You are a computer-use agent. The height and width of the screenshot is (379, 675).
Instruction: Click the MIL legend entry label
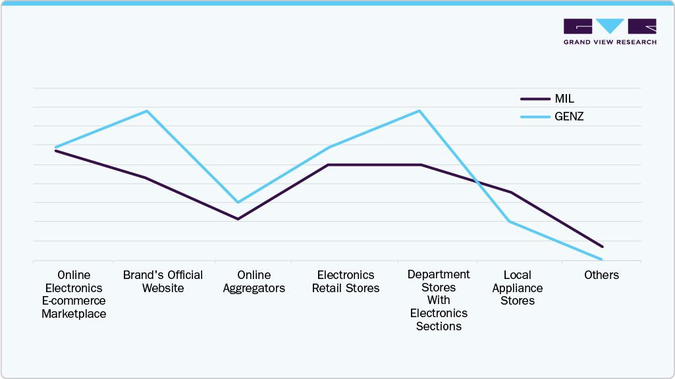click(x=564, y=99)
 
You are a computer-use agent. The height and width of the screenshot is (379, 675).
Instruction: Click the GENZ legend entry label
click(x=570, y=116)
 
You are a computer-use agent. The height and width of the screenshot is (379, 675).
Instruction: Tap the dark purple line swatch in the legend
click(x=535, y=99)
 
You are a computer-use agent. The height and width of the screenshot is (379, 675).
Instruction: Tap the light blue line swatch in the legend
click(x=535, y=116)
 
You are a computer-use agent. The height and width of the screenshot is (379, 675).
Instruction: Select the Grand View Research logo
click(x=610, y=32)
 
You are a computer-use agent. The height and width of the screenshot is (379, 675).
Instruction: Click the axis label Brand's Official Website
click(x=163, y=282)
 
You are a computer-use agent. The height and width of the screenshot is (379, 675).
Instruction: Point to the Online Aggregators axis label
click(x=254, y=282)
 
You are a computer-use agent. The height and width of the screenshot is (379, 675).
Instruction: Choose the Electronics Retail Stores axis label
click(x=346, y=282)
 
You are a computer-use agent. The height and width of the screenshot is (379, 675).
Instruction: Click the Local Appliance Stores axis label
click(x=518, y=288)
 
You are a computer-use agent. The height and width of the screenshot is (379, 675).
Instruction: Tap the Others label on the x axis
click(x=601, y=275)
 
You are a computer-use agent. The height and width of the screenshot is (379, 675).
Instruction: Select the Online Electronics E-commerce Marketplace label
click(x=74, y=294)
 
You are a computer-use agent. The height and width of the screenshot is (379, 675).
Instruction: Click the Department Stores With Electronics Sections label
click(x=439, y=300)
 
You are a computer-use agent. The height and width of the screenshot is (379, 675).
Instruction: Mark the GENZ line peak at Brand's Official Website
click(x=148, y=111)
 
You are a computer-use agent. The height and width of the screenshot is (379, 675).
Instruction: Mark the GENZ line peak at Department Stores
click(x=419, y=111)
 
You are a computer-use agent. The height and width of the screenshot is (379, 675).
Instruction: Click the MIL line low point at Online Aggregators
click(x=238, y=219)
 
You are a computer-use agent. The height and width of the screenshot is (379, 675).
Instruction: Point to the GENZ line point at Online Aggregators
click(x=238, y=202)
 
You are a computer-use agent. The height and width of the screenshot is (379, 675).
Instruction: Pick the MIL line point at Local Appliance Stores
click(x=511, y=192)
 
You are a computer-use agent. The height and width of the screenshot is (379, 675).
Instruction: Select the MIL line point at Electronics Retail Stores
click(x=329, y=164)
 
